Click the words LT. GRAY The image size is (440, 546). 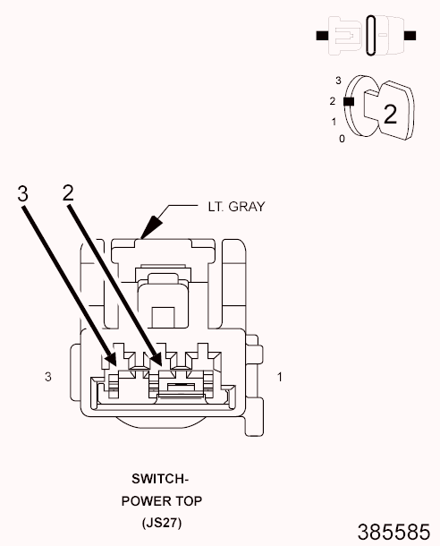[x=236, y=207]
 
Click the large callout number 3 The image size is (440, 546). [x=23, y=193]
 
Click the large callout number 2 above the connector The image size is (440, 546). [x=68, y=192]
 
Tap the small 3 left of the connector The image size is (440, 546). [x=48, y=377]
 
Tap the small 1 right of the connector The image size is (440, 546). [x=280, y=377]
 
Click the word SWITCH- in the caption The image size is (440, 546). [x=160, y=479]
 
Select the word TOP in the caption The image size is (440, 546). [x=188, y=501]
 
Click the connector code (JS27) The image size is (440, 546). [x=162, y=523]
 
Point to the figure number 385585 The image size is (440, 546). [x=393, y=532]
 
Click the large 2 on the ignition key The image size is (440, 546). [x=390, y=114]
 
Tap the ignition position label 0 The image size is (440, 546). [x=343, y=139]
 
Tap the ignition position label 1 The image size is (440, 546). [x=334, y=122]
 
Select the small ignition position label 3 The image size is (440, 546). [x=338, y=81]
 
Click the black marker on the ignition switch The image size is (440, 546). [x=349, y=102]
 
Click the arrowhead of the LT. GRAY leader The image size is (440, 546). [x=150, y=227]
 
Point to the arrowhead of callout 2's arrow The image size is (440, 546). [x=155, y=357]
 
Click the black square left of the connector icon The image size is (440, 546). [x=323, y=36]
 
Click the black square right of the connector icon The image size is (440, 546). [x=410, y=36]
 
